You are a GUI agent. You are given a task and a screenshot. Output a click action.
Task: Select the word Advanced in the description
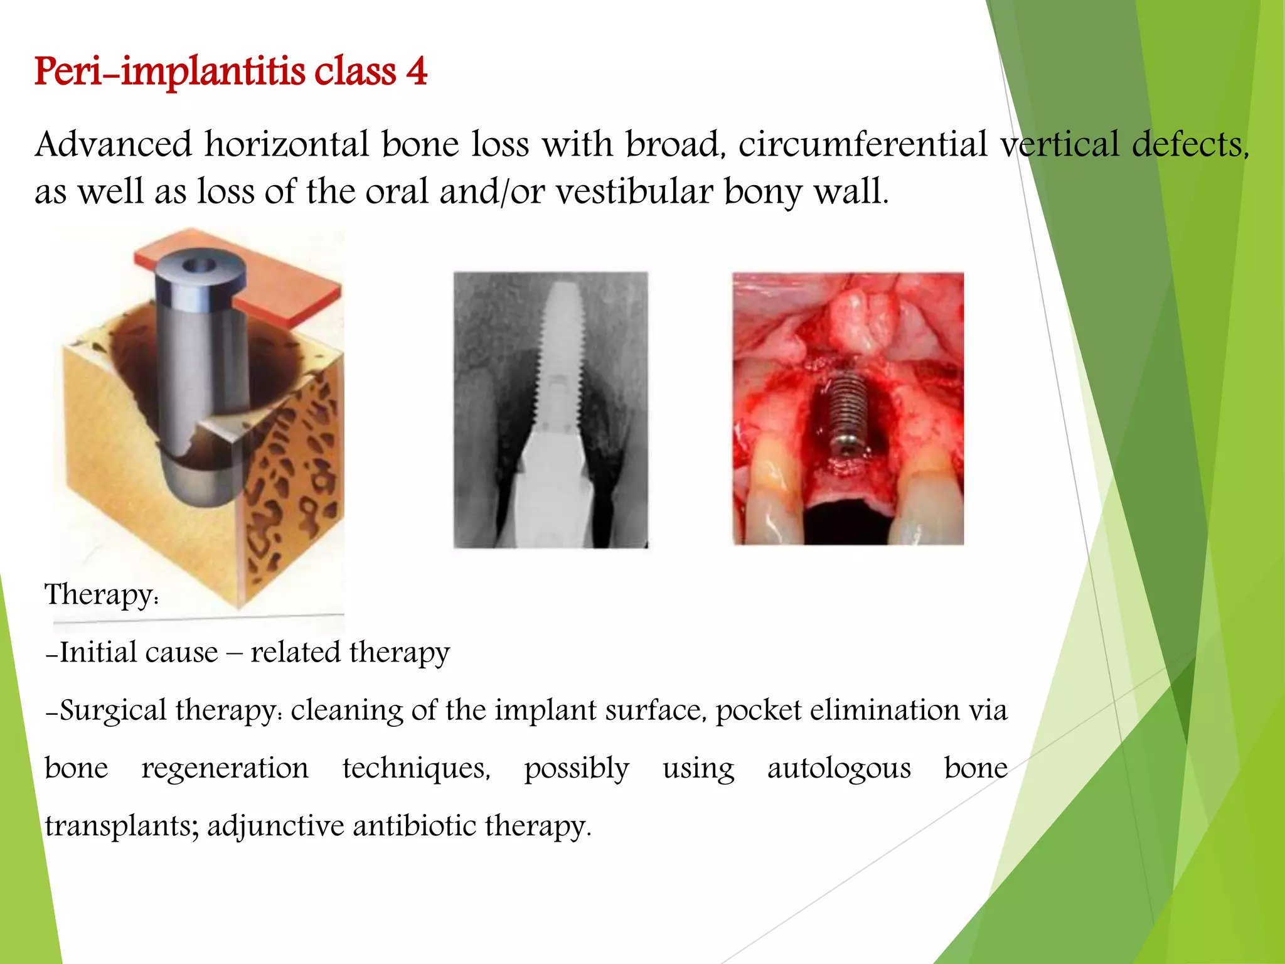[114, 144]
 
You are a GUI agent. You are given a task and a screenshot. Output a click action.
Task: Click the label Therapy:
[101, 594]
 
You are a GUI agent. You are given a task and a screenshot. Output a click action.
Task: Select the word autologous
[839, 768]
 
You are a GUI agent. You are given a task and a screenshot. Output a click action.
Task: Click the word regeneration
[225, 768]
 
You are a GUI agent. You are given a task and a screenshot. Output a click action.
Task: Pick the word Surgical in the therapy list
[113, 710]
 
